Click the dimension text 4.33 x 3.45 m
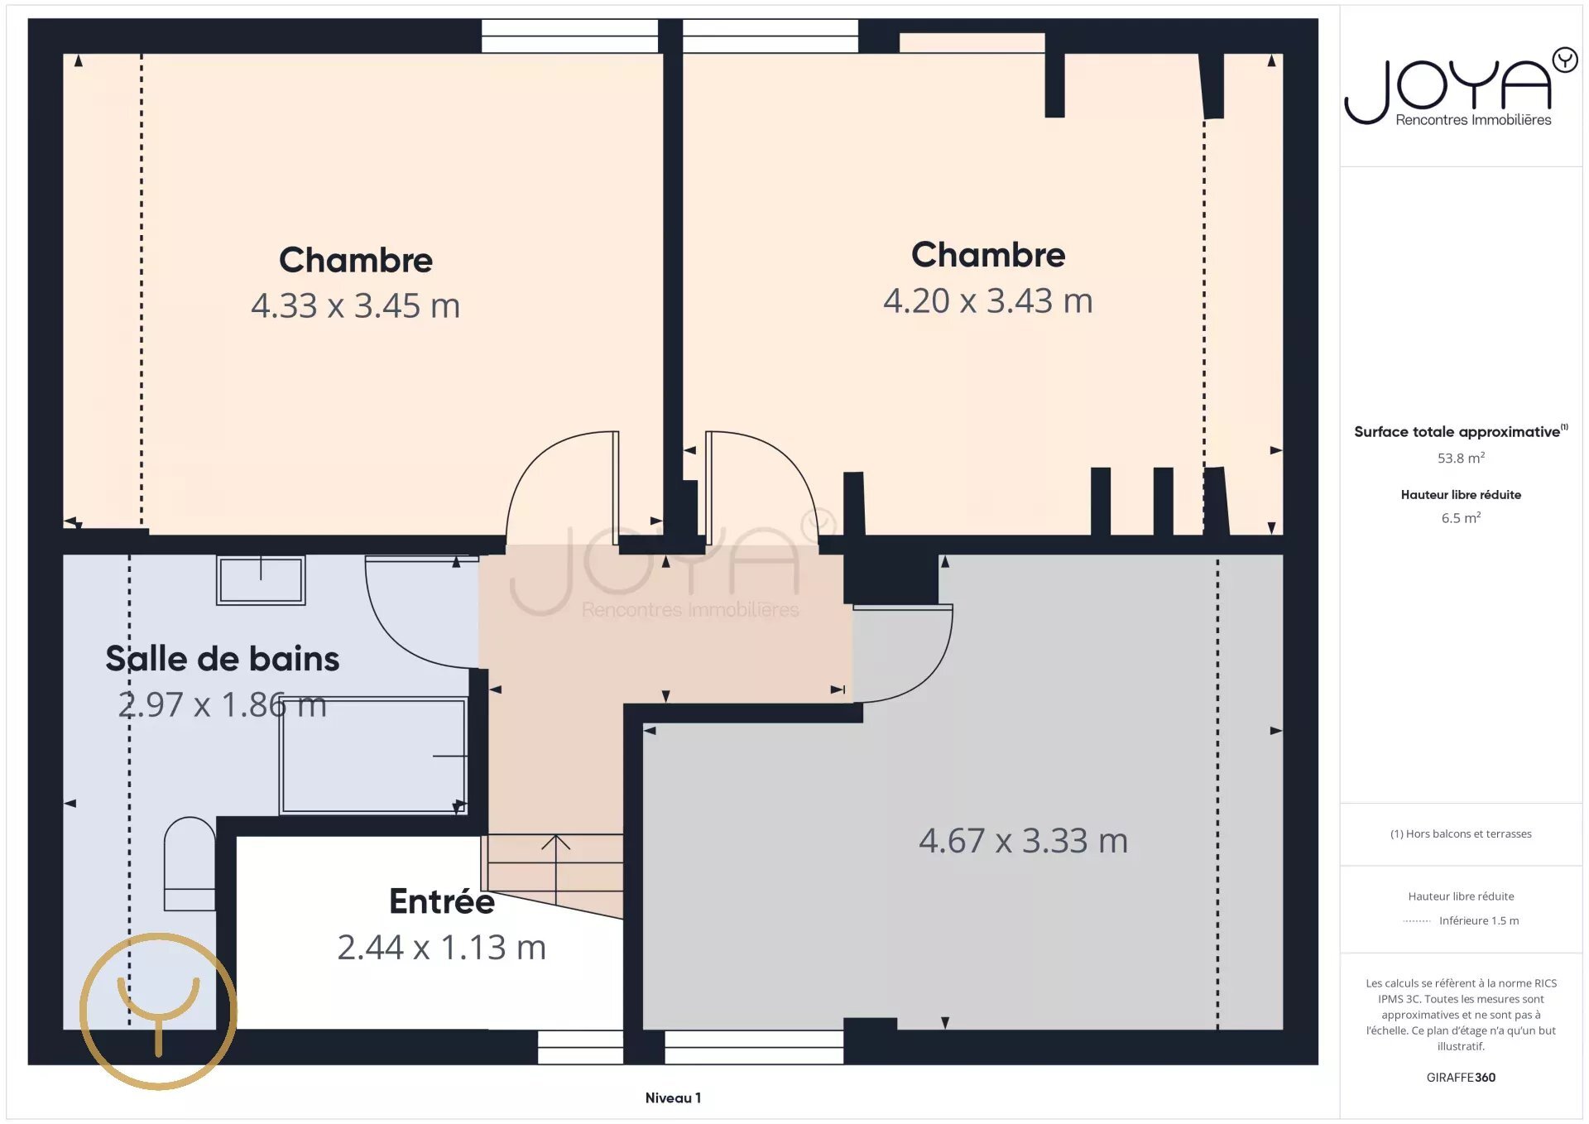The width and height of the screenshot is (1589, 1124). coord(355,306)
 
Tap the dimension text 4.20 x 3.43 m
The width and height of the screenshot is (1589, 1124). coord(987,301)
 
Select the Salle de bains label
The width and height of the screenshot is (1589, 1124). coord(222,659)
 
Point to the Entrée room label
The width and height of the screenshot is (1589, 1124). coord(441,901)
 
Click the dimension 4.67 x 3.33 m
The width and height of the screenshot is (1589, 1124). coord(1023,841)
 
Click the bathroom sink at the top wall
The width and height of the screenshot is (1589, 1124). coord(261,579)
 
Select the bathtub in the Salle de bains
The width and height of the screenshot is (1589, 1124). coord(373,756)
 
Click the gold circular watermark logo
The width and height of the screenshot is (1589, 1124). coord(158,1011)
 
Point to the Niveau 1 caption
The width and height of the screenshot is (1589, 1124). coord(673,1098)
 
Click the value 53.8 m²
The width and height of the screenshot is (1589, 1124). coord(1460,459)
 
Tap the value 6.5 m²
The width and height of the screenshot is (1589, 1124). coord(1460,518)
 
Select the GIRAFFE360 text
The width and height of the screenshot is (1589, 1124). coord(1460,1078)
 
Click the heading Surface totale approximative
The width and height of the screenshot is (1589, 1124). coord(1457,432)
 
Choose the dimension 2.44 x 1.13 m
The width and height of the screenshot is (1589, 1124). coord(441,948)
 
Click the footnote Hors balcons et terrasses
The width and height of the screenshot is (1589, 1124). coord(1460,834)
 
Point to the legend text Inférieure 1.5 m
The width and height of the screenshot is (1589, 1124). coord(1478,921)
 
